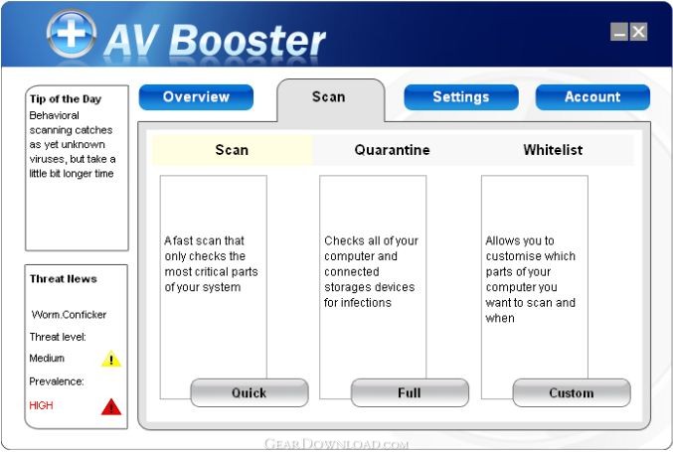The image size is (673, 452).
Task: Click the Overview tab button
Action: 196,97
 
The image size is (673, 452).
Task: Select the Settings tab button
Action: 461,97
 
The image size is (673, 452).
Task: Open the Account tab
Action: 592,97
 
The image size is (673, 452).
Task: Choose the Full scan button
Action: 410,392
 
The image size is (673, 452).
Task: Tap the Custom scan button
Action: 572,392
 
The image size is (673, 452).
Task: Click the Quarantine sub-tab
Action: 392,150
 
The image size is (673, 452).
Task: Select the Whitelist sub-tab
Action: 553,150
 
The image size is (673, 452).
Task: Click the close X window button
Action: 638,32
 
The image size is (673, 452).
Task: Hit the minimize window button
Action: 619,32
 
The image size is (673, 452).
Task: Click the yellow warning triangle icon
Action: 111,360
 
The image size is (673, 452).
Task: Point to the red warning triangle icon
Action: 111,407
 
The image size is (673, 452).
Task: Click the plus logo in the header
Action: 72,34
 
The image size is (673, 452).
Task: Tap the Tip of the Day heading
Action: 66,99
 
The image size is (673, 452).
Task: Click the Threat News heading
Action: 64,279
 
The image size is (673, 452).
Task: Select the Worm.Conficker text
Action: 69,314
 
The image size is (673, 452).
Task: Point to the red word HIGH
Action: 41,405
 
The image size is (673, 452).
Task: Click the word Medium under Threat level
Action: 47,358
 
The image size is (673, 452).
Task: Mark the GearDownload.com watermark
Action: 336,443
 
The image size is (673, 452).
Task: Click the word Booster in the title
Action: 248,41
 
